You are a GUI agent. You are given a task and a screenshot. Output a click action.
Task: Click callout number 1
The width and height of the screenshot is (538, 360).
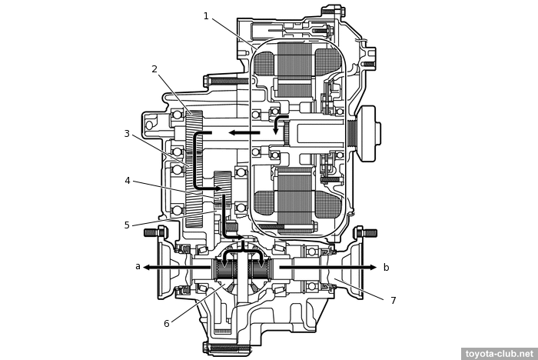206,16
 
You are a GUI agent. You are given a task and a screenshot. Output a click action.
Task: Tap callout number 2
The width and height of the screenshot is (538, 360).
154,69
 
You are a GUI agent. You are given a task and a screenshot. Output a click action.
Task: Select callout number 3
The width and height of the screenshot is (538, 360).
127,134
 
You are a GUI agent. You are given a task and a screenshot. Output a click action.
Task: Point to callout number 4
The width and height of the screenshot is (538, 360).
128,181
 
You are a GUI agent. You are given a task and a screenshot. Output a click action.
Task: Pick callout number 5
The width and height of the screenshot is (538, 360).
127,225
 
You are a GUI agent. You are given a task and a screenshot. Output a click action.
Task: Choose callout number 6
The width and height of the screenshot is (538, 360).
166,324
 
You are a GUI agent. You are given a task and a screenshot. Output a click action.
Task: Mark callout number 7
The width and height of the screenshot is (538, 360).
393,301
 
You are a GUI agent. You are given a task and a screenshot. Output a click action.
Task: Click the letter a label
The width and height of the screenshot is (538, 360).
138,267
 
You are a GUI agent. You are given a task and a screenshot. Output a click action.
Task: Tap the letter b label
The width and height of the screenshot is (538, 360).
386,268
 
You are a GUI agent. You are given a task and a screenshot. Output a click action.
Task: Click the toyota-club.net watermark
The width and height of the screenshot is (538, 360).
499,354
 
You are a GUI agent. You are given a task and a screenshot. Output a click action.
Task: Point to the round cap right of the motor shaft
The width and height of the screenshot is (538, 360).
369,133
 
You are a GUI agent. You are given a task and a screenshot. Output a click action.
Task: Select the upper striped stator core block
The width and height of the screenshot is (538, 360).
295,69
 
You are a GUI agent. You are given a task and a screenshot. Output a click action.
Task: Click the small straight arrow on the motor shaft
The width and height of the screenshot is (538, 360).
244,133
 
